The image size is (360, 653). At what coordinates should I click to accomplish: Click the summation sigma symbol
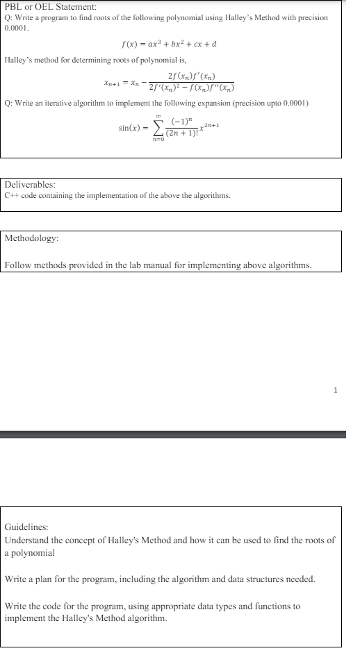pyautogui.click(x=159, y=128)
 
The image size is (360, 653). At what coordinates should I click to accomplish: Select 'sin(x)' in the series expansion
pyautogui.click(x=131, y=129)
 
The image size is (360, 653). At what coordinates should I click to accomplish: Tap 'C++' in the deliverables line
pyautogui.click(x=12, y=196)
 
